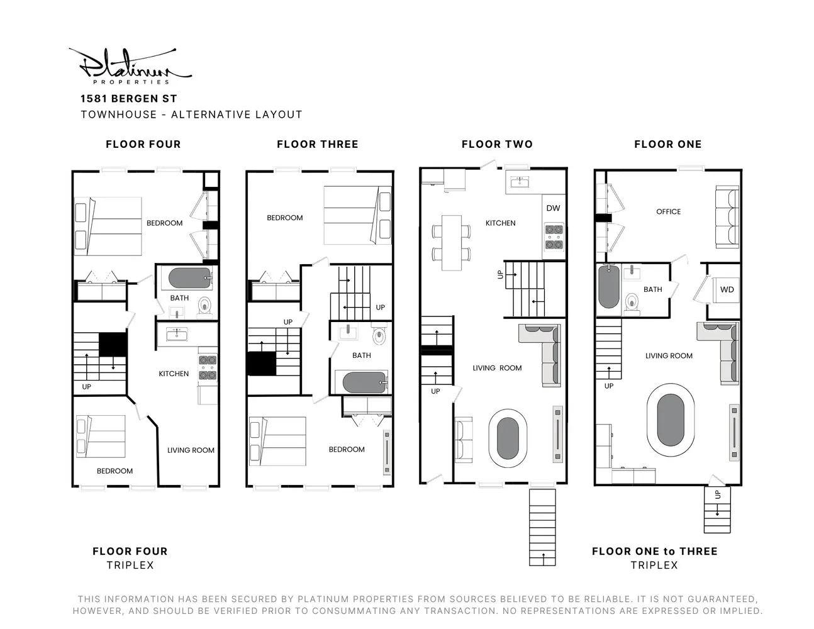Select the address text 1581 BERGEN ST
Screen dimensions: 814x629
click(x=128, y=99)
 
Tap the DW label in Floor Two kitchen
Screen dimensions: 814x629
click(x=553, y=208)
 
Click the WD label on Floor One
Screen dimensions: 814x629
click(x=727, y=289)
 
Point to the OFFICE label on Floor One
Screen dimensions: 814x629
click(x=668, y=211)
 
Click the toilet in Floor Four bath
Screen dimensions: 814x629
click(x=204, y=307)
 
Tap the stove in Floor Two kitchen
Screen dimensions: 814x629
click(x=554, y=237)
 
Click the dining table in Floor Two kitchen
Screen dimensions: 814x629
click(x=452, y=243)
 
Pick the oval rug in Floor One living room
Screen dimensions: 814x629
click(x=671, y=420)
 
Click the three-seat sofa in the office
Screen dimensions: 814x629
click(x=727, y=217)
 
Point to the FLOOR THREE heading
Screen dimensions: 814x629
click(x=317, y=144)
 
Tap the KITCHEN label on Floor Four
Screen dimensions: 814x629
click(x=174, y=374)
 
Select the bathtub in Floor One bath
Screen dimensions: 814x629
click(x=609, y=286)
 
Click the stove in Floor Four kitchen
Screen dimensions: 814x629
click(x=208, y=367)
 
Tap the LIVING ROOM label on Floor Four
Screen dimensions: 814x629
click(x=191, y=450)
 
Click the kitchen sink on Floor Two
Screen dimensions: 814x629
click(x=520, y=182)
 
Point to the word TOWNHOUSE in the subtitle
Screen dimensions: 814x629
click(x=119, y=114)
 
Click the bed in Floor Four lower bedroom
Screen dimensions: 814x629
click(x=101, y=436)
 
